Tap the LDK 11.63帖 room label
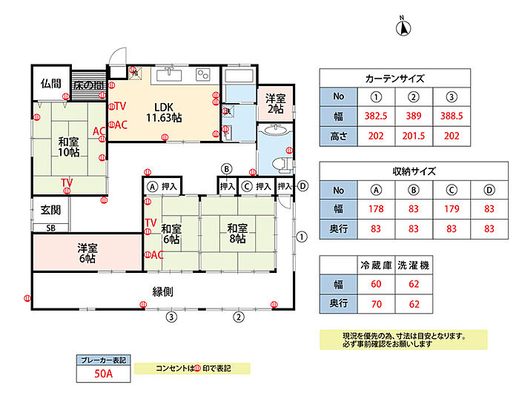click(164, 111)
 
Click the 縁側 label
click(163, 292)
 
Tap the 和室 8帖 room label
click(237, 234)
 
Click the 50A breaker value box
click(103, 372)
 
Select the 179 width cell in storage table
click(450, 209)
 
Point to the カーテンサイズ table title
click(395, 79)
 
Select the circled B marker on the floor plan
click(228, 168)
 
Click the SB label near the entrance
click(50, 228)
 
